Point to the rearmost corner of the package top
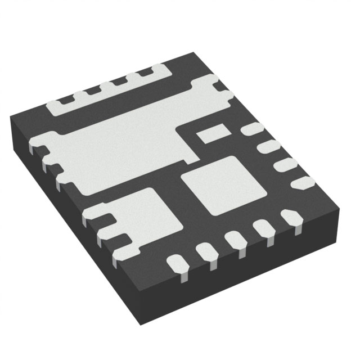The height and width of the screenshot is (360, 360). (x=195, y=52)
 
